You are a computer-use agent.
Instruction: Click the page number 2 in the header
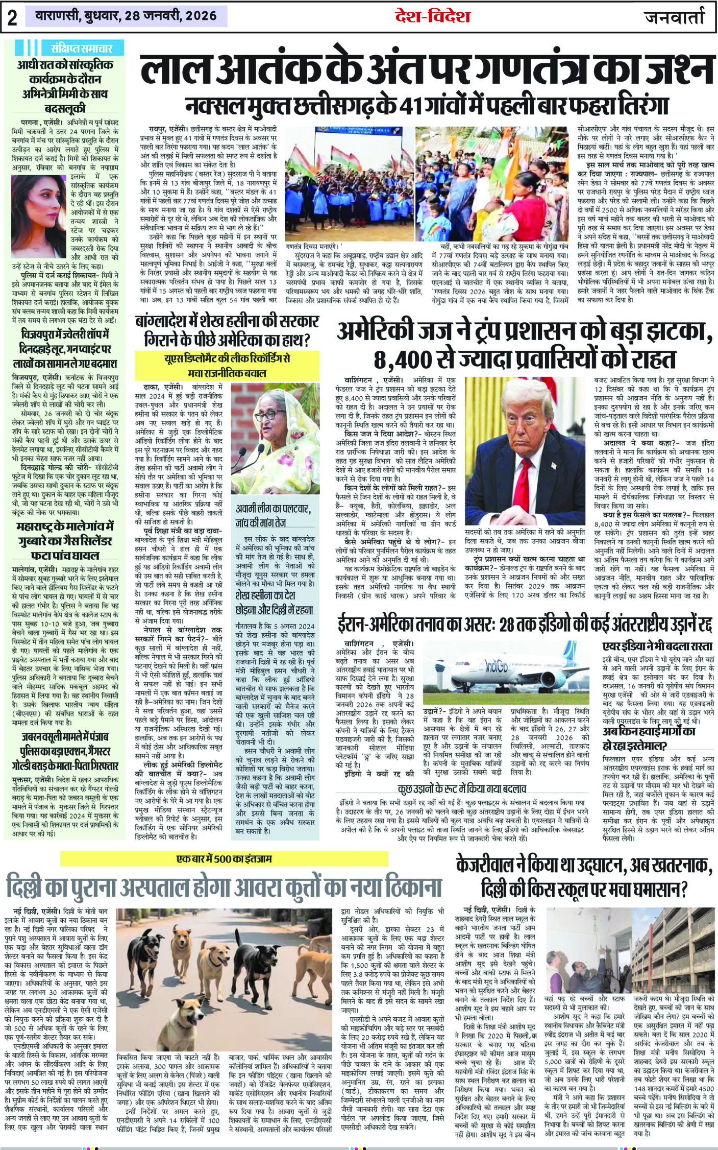[x=12, y=18]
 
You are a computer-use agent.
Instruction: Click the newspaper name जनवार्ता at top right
[x=675, y=17]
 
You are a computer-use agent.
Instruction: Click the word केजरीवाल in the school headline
[x=491, y=866]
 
